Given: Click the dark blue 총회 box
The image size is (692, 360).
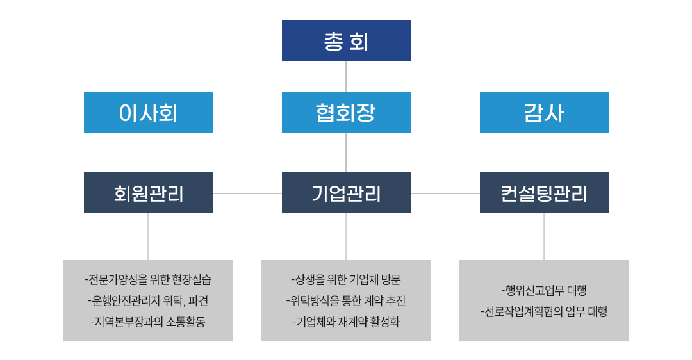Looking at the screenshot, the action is [x=346, y=41].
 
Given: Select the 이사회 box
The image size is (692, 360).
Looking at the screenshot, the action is [x=148, y=113].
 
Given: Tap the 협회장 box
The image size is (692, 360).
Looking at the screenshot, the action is [x=346, y=113].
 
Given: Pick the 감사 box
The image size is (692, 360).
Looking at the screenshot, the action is [x=544, y=113].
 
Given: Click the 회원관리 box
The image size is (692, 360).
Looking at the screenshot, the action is [x=148, y=193].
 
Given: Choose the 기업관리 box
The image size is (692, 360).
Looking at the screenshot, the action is [x=346, y=193].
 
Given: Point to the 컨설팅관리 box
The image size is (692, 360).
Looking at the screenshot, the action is [x=544, y=193].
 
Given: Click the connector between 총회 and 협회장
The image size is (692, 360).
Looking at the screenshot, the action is [x=346, y=77].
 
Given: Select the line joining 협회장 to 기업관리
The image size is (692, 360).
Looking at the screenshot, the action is [x=346, y=152].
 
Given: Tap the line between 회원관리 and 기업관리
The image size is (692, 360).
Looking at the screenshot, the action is [x=247, y=193].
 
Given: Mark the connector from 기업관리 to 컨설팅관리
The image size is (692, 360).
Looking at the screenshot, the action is [x=445, y=193].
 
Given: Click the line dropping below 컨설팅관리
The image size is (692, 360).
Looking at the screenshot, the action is [x=544, y=237].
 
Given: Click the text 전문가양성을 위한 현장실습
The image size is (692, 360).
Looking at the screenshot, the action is [x=148, y=280].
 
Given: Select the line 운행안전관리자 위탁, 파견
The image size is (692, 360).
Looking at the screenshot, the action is [x=148, y=301].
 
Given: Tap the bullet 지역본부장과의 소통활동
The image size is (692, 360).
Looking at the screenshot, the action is [x=148, y=322].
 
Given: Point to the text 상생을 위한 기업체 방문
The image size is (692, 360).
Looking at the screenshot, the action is [x=346, y=280].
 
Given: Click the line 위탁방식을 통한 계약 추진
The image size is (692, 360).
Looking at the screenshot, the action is [x=346, y=301].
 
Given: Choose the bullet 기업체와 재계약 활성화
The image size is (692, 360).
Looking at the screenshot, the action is [x=346, y=322].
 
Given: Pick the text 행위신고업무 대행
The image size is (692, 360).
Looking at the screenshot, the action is [x=544, y=290].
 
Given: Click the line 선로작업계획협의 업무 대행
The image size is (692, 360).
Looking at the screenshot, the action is [x=544, y=311].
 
